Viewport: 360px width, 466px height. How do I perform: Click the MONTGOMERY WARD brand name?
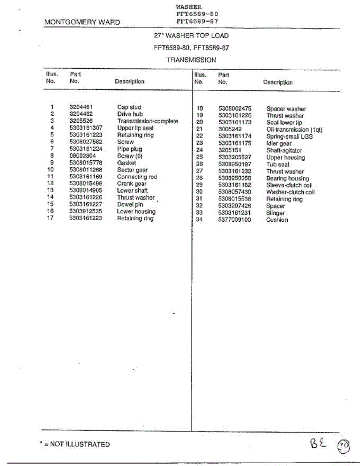coord(82,22)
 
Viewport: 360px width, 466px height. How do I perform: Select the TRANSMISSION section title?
coord(191,60)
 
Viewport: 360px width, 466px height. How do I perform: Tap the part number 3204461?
coord(81,107)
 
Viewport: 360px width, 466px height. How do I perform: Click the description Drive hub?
coord(130,114)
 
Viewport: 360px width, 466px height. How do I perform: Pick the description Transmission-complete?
coord(148,121)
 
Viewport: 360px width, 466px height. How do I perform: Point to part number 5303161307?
coord(86,128)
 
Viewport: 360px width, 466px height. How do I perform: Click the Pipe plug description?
coord(130,149)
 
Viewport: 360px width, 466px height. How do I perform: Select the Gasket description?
coord(127,163)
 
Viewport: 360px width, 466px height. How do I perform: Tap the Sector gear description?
coord(132,170)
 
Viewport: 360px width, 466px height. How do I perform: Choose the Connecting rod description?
coord(137,177)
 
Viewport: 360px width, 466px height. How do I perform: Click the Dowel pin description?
coord(130,205)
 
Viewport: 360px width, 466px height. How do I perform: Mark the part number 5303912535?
coord(86,212)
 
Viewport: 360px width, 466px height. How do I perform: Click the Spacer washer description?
coord(286,109)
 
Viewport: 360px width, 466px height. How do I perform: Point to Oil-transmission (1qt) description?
coord(294,130)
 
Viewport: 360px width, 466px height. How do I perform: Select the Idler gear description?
coord(279,144)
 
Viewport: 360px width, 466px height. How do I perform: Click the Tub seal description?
coord(278,165)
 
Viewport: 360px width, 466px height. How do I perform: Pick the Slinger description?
coord(275,213)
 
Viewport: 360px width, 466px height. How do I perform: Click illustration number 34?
coord(200,220)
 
